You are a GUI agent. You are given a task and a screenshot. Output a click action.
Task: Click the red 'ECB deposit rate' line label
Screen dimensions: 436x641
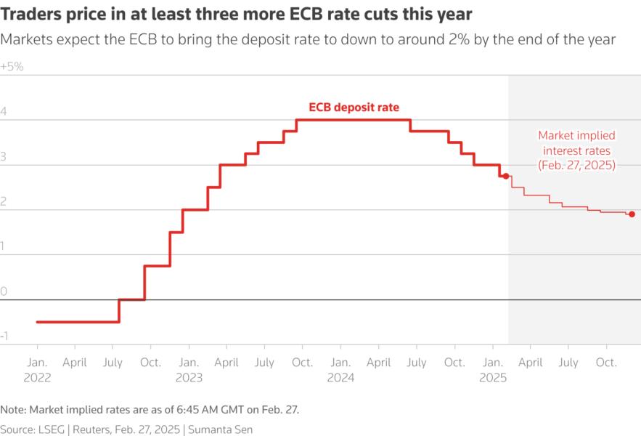(354, 107)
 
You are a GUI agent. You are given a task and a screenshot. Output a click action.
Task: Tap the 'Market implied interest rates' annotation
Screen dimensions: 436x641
(576, 150)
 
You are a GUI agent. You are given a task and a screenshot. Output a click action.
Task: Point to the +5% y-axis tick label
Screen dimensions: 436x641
(12, 66)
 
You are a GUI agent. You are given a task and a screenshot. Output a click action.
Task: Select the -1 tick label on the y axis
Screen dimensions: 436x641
(5, 336)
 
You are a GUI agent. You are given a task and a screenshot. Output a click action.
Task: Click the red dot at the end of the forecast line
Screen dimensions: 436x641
(632, 214)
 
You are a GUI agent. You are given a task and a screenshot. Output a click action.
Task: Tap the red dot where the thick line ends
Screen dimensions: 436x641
(506, 176)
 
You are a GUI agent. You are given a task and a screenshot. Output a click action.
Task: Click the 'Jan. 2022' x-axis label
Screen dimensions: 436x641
(36, 369)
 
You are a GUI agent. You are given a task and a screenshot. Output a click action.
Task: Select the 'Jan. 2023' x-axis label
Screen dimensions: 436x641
(189, 369)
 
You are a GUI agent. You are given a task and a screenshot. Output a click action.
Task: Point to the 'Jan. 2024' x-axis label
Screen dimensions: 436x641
(340, 369)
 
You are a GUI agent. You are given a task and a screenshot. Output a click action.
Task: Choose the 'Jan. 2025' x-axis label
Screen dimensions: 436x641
(493, 369)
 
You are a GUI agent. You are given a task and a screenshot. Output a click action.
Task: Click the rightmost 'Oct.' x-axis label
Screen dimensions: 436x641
(606, 362)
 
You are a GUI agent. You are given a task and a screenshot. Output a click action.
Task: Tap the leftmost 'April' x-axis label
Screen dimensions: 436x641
(75, 362)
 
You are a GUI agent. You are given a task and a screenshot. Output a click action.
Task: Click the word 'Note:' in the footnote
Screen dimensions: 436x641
(14, 410)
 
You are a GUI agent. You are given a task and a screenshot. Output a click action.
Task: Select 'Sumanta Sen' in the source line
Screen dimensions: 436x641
(220, 429)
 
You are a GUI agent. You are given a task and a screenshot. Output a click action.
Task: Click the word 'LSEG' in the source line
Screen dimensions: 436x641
(52, 429)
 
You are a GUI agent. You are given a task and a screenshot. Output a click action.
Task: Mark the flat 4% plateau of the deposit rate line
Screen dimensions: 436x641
(354, 119)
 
